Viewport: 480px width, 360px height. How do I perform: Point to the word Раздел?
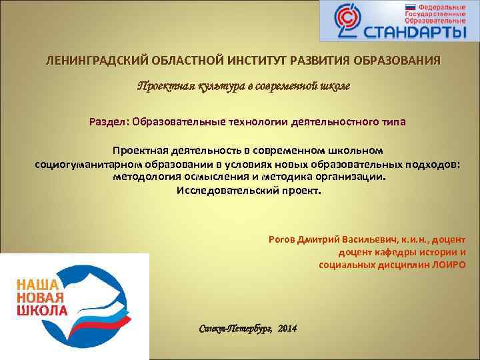pos(109,122)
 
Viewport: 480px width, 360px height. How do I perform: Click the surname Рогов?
pos(282,239)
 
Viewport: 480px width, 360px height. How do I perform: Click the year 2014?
pos(287,330)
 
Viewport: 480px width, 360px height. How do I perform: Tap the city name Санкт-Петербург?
pos(235,330)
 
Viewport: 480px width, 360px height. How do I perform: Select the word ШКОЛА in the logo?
pos(41,311)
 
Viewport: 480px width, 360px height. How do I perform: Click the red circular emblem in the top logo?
pos(347,21)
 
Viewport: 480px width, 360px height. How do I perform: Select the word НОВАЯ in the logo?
pos(39,297)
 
